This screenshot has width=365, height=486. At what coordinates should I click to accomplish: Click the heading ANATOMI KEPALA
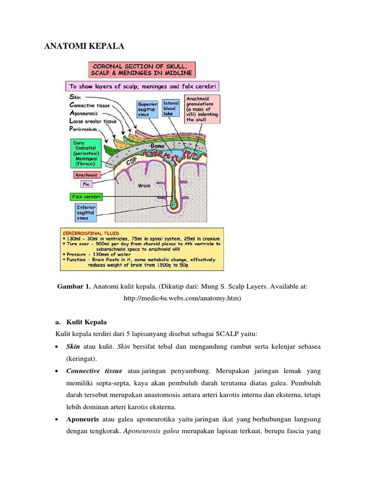coord(84,47)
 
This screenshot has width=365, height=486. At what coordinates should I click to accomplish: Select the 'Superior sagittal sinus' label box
coord(147,109)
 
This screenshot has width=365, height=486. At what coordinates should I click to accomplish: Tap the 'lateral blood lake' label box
coord(170,108)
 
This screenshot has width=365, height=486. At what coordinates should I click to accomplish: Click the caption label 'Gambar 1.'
coord(74,287)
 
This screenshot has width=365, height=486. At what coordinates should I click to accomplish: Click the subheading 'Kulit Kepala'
coord(87,322)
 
